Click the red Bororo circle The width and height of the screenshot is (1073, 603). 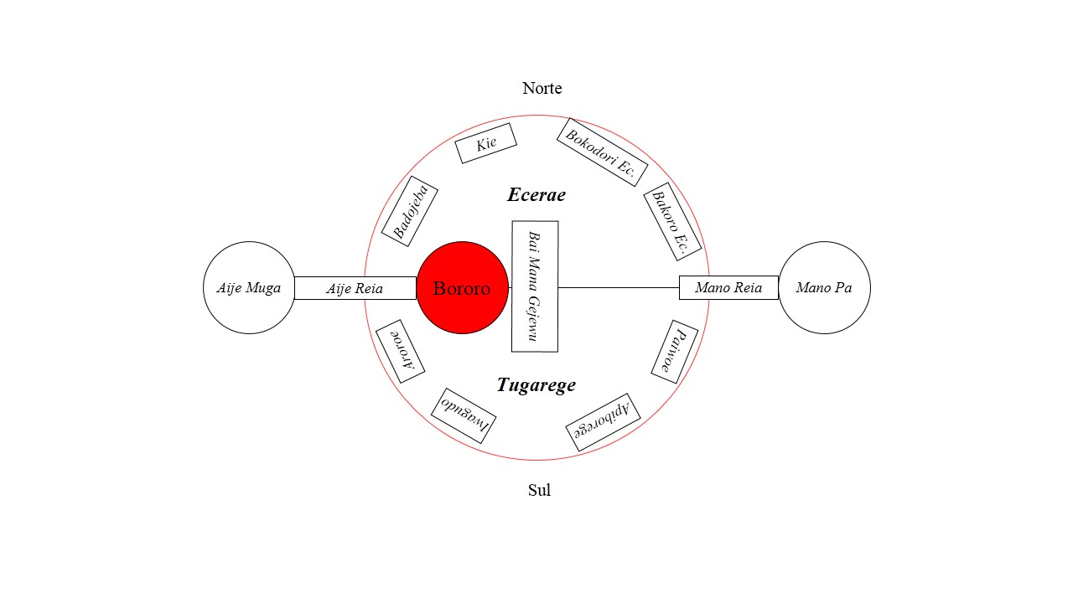coord(462,288)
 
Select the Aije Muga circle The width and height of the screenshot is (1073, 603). coord(249,288)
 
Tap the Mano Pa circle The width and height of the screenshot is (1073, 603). coord(824,288)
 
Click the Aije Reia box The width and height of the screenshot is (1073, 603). coord(355,288)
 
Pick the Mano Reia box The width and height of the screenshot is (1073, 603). coord(728,288)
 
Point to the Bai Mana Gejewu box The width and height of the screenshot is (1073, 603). coord(535,286)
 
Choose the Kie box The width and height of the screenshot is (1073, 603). coord(485,143)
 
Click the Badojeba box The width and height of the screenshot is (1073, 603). coord(410,211)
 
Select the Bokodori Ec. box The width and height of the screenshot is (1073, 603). coord(602,152)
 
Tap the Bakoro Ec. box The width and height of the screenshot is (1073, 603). coord(671,221)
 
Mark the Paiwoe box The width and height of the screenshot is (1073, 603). coord(675,352)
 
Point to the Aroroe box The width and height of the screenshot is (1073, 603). coord(400,352)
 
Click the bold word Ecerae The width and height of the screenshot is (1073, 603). coord(536,195)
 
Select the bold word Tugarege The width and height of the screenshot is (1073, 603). coord(536,385)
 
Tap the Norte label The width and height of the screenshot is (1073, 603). coord(542,88)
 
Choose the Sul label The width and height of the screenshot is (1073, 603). coord(539,490)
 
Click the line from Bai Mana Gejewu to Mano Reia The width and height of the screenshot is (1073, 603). coord(619,288)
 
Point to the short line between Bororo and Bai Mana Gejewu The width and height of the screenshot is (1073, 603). coord(510,288)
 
